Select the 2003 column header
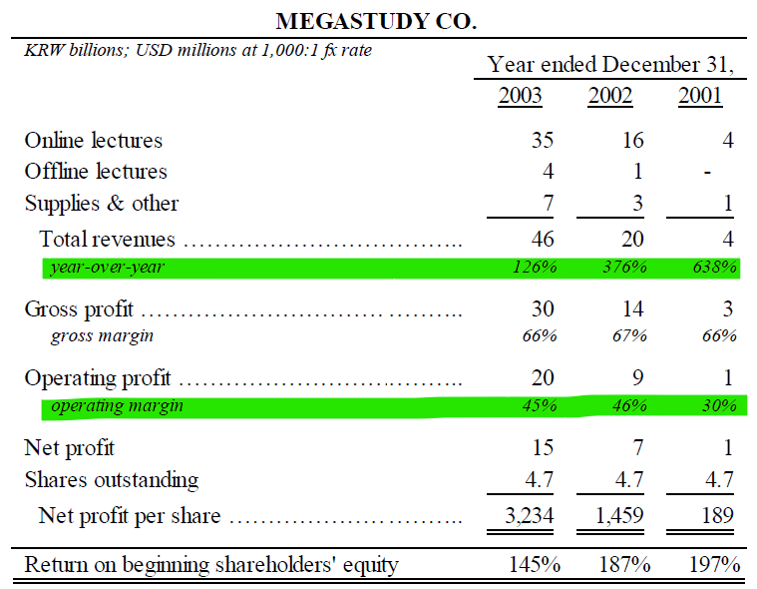click(x=520, y=97)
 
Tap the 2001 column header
click(x=700, y=97)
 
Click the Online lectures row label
click(x=94, y=141)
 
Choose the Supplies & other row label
click(x=102, y=204)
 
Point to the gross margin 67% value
click(x=629, y=336)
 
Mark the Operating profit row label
click(x=98, y=379)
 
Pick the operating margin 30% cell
click(x=719, y=406)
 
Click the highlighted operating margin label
click(x=117, y=406)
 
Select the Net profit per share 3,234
click(x=526, y=516)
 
